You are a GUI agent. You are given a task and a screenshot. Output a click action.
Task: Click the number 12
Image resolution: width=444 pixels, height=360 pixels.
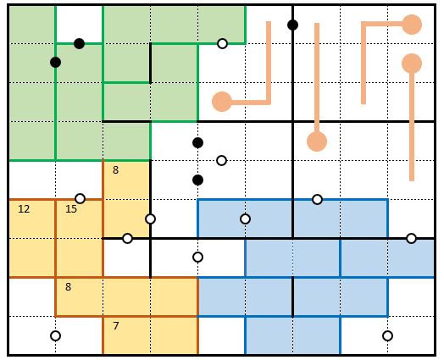24,209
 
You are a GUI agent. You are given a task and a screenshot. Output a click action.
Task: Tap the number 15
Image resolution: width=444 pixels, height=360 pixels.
71,209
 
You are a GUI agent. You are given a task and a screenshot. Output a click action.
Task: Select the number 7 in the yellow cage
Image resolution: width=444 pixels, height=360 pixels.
115,326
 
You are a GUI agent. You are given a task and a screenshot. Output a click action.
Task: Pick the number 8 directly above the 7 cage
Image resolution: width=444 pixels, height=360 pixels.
68,287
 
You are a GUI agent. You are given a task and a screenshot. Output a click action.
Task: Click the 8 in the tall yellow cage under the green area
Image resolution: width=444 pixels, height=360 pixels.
115,170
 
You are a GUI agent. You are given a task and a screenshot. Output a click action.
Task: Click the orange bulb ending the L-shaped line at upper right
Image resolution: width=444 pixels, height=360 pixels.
412,25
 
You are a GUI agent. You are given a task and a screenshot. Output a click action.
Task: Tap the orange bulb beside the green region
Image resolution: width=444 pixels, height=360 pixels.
222,102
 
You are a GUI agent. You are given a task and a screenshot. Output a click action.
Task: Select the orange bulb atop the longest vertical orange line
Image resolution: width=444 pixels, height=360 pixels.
412,64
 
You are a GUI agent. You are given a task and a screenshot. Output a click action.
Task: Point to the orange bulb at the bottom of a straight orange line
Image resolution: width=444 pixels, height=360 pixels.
317,141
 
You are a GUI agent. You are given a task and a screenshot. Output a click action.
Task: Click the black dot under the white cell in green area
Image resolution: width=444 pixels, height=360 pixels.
80,43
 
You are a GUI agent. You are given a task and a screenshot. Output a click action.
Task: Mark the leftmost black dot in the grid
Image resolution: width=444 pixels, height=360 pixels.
56,62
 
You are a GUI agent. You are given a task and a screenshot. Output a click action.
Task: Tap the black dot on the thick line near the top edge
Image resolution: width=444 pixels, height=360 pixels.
293,25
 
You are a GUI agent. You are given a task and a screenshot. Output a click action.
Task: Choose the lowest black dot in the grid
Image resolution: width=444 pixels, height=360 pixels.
197,180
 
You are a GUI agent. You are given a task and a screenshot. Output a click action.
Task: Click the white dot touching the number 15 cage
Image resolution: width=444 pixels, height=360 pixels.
80,198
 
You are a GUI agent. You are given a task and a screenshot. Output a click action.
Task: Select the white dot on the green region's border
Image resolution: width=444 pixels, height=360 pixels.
222,43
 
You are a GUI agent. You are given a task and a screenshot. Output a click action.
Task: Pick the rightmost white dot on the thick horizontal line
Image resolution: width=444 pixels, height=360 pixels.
411,238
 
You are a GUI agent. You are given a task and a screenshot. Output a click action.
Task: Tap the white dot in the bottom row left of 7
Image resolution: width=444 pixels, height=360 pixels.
56,336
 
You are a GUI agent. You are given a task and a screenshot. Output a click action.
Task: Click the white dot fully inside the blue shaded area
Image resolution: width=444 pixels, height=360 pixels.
245,219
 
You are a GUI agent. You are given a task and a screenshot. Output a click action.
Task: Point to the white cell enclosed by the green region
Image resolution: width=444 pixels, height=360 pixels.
80,25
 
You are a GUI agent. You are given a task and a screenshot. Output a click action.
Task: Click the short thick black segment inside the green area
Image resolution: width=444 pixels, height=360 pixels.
150,64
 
